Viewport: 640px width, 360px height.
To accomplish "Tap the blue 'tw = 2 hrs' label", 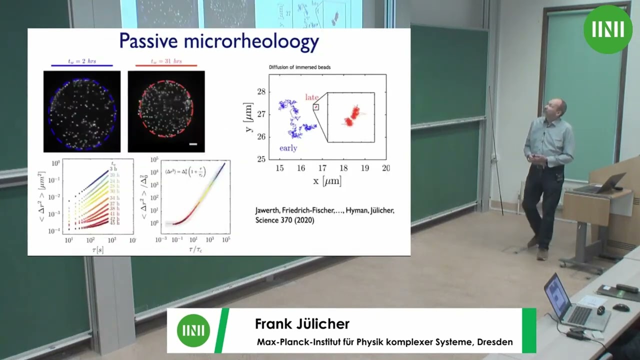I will pos(82,61).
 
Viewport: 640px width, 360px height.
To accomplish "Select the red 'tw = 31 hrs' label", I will pos(166,61).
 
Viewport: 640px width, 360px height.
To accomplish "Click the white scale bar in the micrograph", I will pos(193,144).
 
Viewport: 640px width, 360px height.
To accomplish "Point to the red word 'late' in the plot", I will pos(312,97).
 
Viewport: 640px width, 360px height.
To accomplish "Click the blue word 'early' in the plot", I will pos(288,148).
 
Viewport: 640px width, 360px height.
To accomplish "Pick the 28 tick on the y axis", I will pos(261,91).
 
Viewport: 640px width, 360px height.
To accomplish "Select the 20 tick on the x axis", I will pos(385,168).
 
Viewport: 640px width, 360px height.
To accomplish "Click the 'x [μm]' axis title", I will pos(327,181).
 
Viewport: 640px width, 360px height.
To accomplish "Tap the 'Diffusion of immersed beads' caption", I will pos(299,67).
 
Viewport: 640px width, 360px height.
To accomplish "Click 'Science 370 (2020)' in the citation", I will pos(284,220).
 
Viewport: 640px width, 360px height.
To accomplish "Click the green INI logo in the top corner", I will pos(607,29).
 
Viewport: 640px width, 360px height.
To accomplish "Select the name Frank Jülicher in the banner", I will pos(302,323).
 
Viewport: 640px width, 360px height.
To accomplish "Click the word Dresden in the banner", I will pos(494,342).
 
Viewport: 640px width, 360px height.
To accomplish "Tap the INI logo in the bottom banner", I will pos(193,330).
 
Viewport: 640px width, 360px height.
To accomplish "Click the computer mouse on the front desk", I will pos(621,307).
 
